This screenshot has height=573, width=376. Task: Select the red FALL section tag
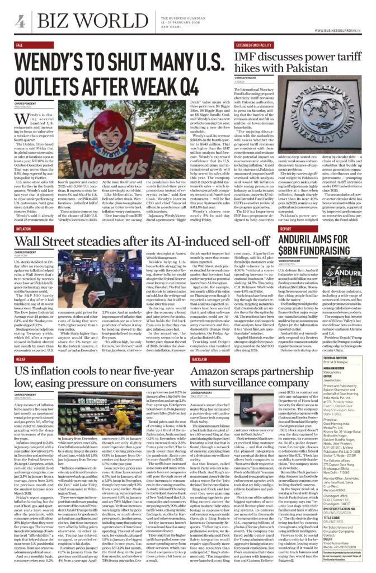pyautogui.click(x=20, y=44)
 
